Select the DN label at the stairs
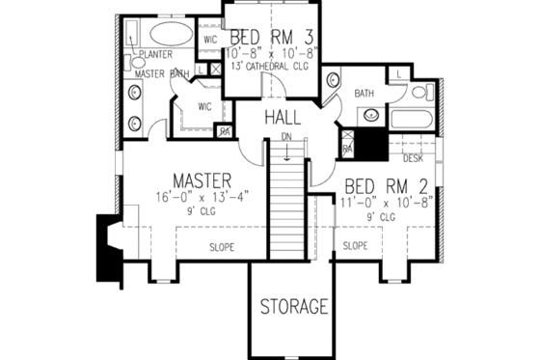click(x=285, y=138)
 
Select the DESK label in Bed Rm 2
click(x=414, y=156)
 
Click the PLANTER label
click(x=154, y=55)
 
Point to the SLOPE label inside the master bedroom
click(x=222, y=247)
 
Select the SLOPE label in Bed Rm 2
click(x=355, y=246)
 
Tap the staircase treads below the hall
click(x=285, y=203)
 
